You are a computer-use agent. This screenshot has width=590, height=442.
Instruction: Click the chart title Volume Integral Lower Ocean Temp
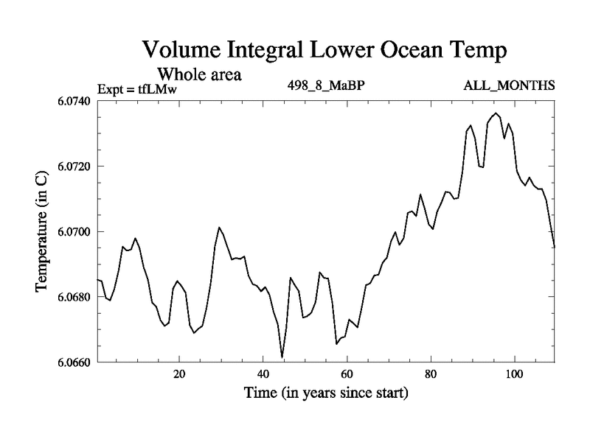(x=325, y=52)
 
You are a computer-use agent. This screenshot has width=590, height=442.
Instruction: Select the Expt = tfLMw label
(x=138, y=90)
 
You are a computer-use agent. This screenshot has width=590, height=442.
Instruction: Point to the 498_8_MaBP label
(x=327, y=85)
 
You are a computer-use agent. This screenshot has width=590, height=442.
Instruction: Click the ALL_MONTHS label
(x=509, y=85)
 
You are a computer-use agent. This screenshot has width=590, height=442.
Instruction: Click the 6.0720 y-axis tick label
(x=72, y=166)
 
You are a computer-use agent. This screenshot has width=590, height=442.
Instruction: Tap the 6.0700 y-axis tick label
(x=72, y=231)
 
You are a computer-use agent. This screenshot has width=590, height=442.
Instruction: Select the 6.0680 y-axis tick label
(x=72, y=297)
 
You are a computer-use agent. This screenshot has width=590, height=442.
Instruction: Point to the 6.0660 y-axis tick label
(x=72, y=362)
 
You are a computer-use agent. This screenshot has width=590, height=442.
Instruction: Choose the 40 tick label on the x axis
(x=263, y=373)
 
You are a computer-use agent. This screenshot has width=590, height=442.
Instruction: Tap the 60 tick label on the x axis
(x=347, y=373)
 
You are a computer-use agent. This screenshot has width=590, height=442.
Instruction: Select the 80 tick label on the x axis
(x=430, y=373)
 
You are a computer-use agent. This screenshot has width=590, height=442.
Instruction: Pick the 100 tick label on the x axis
(x=513, y=373)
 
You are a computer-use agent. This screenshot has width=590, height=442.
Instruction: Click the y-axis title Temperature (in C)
(x=43, y=231)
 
